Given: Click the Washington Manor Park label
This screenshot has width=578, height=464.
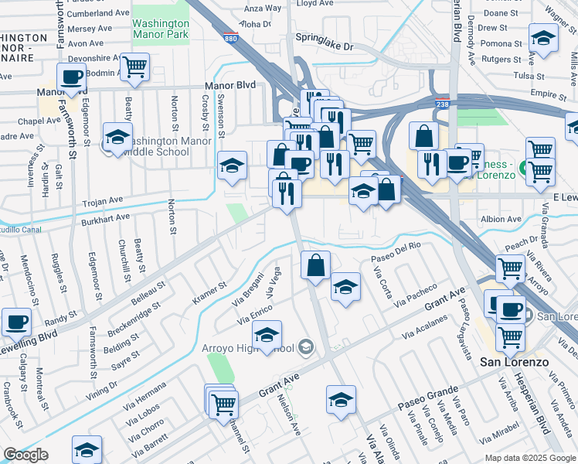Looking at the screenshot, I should click(161, 29).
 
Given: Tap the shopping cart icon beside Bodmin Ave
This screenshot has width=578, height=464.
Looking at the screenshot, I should click(135, 67).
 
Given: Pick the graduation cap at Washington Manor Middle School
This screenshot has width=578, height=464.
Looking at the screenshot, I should click(117, 137).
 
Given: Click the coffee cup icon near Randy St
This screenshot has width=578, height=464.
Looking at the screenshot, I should click(16, 321).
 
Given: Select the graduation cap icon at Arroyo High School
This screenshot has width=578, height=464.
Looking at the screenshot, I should click(267, 334).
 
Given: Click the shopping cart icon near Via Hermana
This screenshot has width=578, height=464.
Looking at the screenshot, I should click(223, 403).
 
